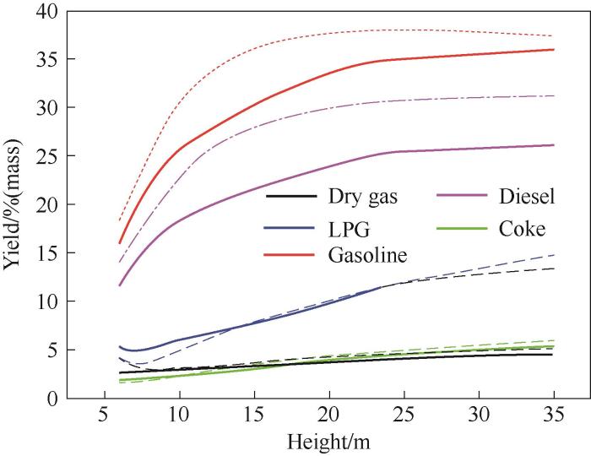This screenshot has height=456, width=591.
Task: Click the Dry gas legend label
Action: click(362, 198)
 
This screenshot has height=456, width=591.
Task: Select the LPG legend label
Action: click(345, 227)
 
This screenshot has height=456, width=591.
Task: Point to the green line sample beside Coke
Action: click(436, 227)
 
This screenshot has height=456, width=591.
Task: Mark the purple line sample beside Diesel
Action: click(436, 198)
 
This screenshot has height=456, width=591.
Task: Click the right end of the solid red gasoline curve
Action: click(553, 49)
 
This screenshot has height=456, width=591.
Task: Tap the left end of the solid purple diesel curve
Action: click(120, 285)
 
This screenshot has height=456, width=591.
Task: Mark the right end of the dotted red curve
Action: click(553, 35)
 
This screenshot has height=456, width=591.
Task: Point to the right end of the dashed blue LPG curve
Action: click(553, 254)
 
